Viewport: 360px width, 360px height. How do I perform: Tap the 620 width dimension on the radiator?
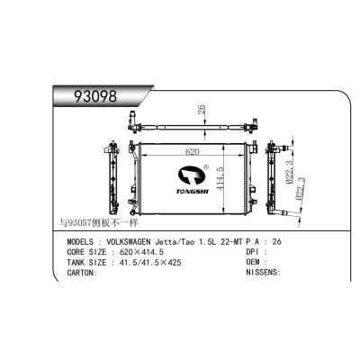(192, 151)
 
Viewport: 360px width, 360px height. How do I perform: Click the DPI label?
(254, 252)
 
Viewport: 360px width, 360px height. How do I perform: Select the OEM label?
(254, 262)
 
